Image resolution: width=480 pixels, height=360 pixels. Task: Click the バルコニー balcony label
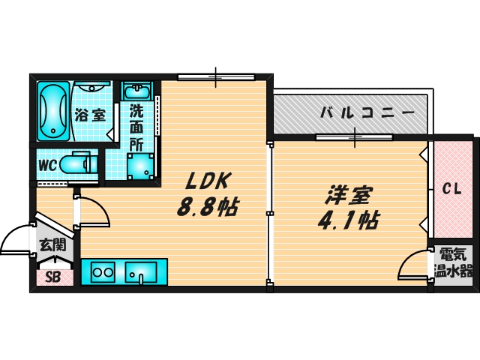(367, 113)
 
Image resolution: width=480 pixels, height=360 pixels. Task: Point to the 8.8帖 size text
(207, 206)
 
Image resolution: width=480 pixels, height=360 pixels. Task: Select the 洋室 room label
(348, 196)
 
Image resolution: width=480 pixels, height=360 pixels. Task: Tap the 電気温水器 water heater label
(454, 263)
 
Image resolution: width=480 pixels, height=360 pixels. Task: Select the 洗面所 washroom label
(136, 125)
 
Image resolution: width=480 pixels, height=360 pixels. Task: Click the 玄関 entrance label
(53, 244)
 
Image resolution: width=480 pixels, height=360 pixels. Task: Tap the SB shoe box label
(53, 277)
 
